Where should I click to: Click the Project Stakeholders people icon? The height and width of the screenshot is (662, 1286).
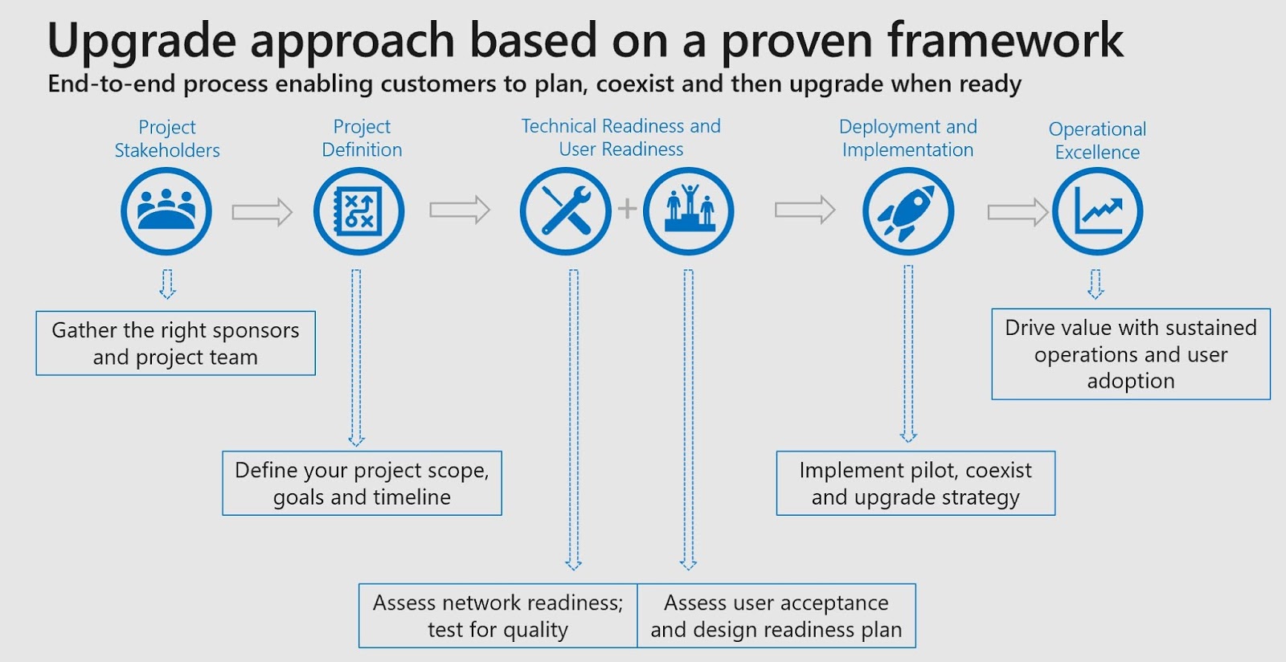(166, 211)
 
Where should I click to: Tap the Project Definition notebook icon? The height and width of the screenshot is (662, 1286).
(358, 211)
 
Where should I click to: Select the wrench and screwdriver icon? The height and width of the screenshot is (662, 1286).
(566, 211)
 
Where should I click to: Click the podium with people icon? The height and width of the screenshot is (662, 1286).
(689, 211)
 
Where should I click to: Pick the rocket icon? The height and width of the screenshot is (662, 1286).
(908, 211)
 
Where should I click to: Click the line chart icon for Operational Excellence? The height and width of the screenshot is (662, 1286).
(1097, 211)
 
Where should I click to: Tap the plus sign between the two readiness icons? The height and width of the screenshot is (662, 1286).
(627, 209)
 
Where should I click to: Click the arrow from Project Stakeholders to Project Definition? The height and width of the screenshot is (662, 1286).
(262, 212)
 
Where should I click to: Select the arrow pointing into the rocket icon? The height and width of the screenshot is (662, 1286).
(805, 210)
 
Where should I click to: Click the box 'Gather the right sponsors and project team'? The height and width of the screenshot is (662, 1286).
(175, 343)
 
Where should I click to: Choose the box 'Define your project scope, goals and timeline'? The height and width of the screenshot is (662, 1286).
(362, 483)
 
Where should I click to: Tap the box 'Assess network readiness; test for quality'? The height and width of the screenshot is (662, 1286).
(498, 615)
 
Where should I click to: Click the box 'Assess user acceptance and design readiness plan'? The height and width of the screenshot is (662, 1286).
(776, 615)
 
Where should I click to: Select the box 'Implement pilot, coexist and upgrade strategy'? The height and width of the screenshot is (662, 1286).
(915, 483)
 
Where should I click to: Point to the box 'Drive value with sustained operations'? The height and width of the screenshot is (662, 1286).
(1131, 353)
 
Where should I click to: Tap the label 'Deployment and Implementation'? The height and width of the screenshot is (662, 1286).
(907, 138)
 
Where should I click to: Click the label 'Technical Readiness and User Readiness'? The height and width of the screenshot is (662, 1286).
(620, 137)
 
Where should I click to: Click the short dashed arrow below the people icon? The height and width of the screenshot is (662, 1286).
(167, 284)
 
